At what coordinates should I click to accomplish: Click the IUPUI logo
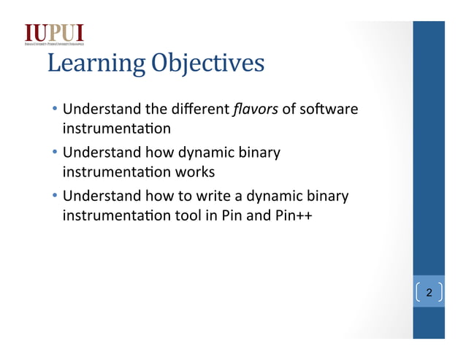[54, 34]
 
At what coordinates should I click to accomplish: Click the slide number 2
[429, 293]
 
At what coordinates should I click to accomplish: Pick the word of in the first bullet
[289, 110]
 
